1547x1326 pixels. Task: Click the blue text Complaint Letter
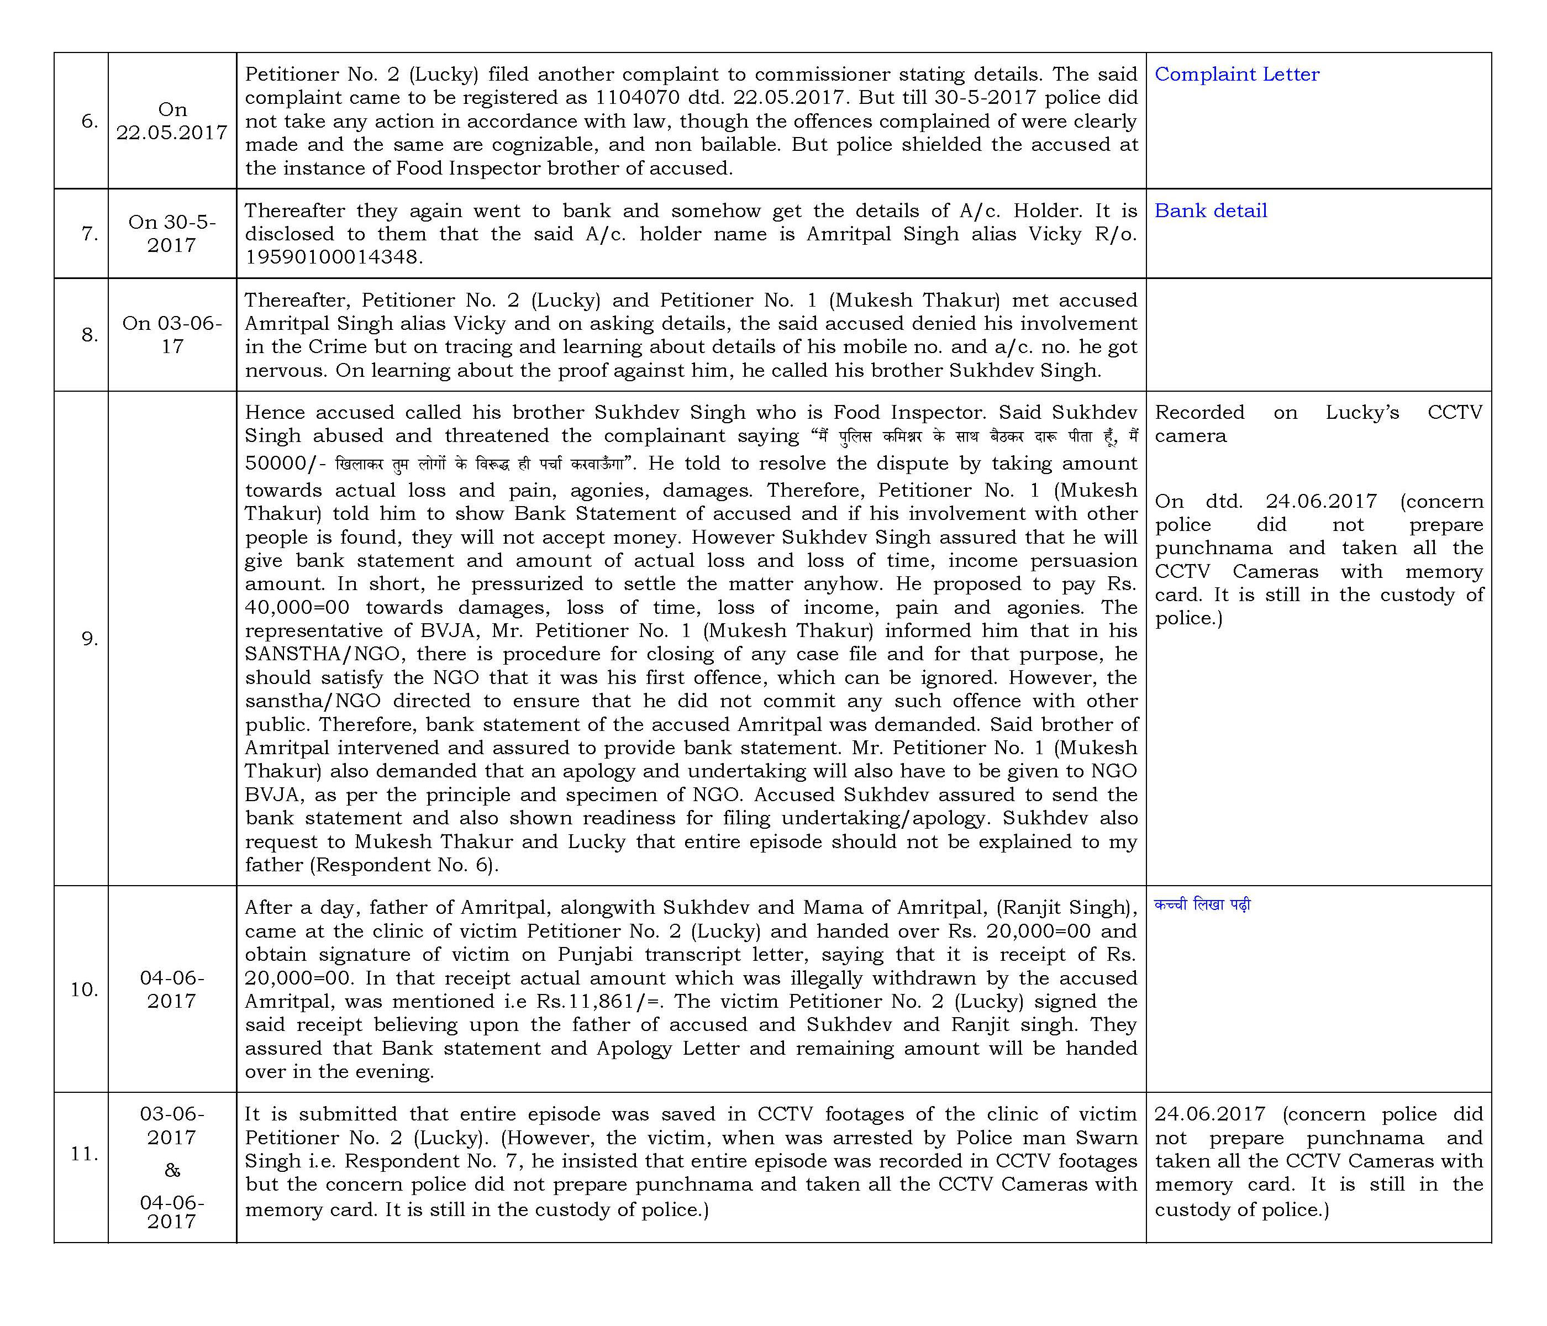pyautogui.click(x=1236, y=75)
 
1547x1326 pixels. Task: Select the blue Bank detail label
pyautogui.click(x=1211, y=211)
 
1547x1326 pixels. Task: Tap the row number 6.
pyautogui.click(x=90, y=121)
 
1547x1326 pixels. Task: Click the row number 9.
pyautogui.click(x=90, y=639)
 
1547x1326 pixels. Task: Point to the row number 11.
pyautogui.click(x=85, y=1154)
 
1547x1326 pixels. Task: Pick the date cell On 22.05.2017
pyautogui.click(x=172, y=121)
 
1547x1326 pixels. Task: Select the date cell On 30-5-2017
pyautogui.click(x=172, y=234)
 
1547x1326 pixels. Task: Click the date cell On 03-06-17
pyautogui.click(x=172, y=335)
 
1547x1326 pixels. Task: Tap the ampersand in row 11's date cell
pyautogui.click(x=172, y=1170)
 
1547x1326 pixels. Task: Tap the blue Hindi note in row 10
pyautogui.click(x=1202, y=906)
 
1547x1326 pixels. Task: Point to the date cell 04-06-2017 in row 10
pyautogui.click(x=172, y=990)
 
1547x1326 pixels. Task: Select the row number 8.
pyautogui.click(x=90, y=335)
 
